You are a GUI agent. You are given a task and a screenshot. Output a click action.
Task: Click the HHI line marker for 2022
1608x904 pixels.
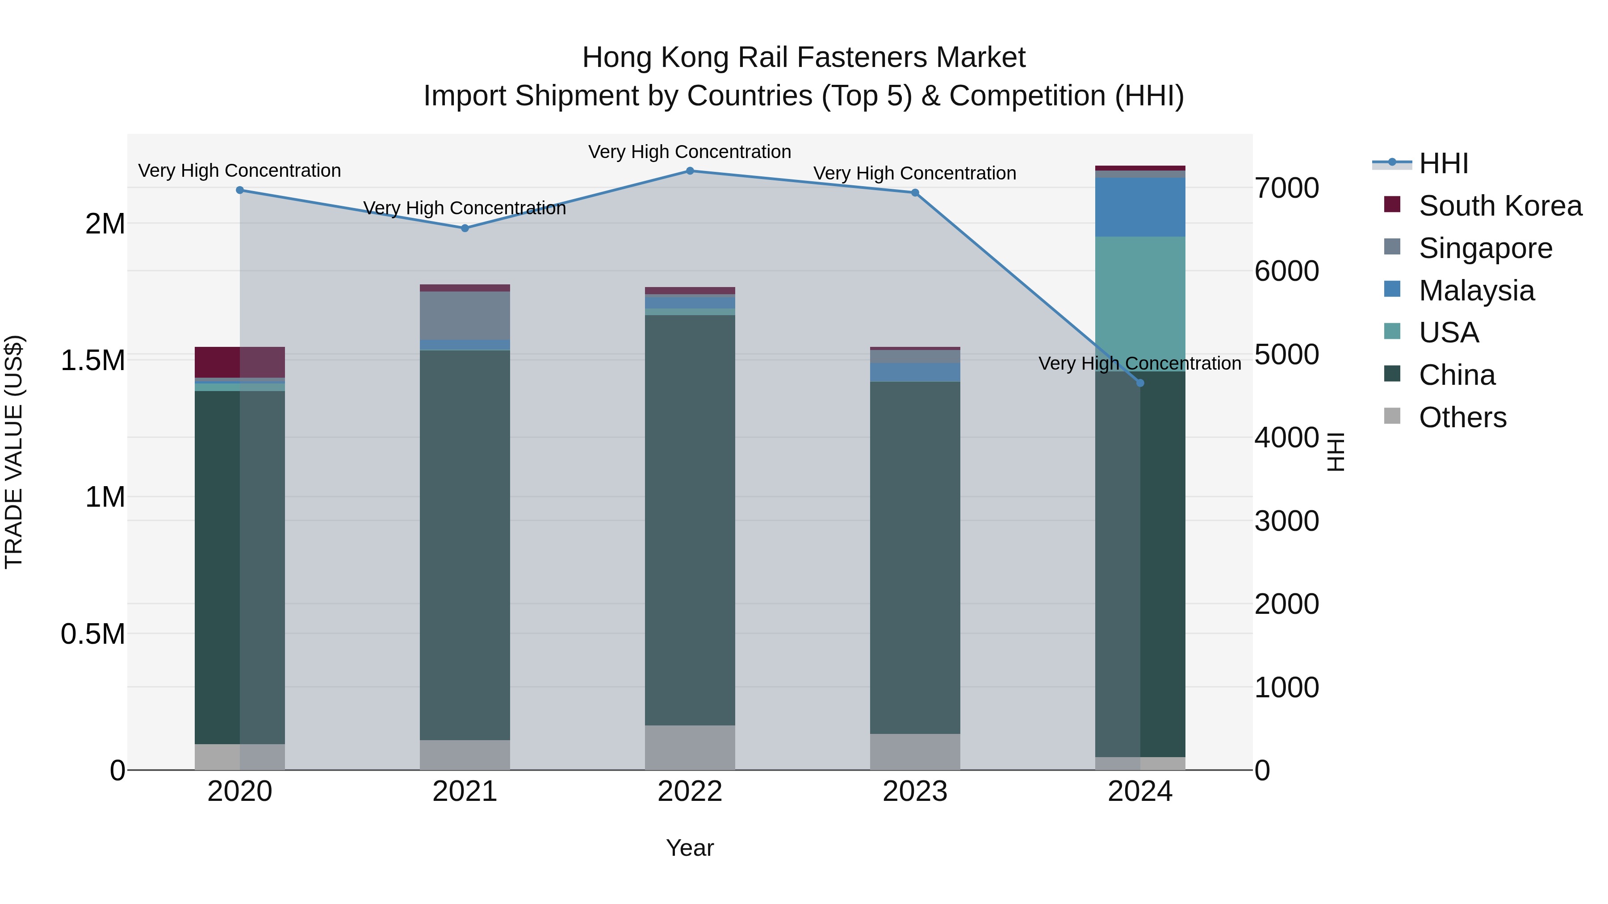point(690,171)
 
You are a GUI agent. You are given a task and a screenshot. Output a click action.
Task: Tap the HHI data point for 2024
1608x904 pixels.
point(1140,383)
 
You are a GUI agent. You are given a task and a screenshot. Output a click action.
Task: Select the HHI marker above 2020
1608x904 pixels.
point(240,190)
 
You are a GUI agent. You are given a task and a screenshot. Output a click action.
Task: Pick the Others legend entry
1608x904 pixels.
point(1462,417)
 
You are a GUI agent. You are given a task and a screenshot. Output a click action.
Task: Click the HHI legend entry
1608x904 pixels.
point(1443,163)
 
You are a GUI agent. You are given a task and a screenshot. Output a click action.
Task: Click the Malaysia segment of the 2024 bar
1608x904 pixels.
point(1140,207)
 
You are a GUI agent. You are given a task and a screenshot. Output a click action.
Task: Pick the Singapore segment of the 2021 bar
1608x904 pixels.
point(465,315)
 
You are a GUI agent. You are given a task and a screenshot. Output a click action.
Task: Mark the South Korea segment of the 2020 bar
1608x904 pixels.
point(240,362)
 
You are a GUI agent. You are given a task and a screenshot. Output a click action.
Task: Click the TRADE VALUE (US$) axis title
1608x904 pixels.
point(14,452)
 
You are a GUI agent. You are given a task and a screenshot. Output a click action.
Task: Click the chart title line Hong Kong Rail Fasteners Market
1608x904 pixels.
point(804,58)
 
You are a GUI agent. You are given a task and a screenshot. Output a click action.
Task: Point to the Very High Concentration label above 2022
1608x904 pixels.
point(690,152)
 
